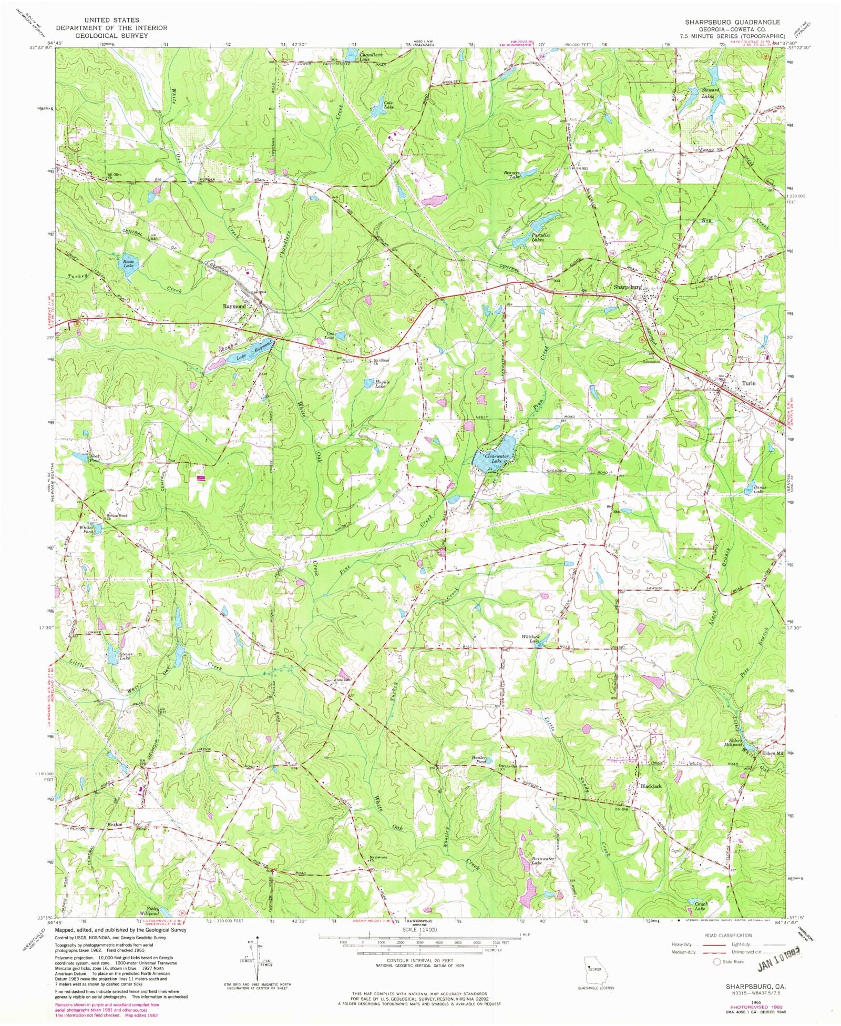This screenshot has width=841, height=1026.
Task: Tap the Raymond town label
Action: (234, 306)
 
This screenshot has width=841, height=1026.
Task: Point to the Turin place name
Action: (748, 383)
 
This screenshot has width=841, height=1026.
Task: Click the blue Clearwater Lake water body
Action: (491, 460)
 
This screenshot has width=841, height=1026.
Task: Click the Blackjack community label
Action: (651, 786)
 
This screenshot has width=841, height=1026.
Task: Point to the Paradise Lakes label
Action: (540, 237)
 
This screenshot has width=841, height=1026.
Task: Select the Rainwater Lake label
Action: (543, 860)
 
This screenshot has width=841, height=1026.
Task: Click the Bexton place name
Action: (115, 824)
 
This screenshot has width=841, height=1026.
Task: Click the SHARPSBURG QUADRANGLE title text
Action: (732, 22)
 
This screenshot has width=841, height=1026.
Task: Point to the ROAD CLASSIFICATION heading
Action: (728, 935)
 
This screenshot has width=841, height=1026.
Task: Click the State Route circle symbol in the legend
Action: (716, 961)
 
